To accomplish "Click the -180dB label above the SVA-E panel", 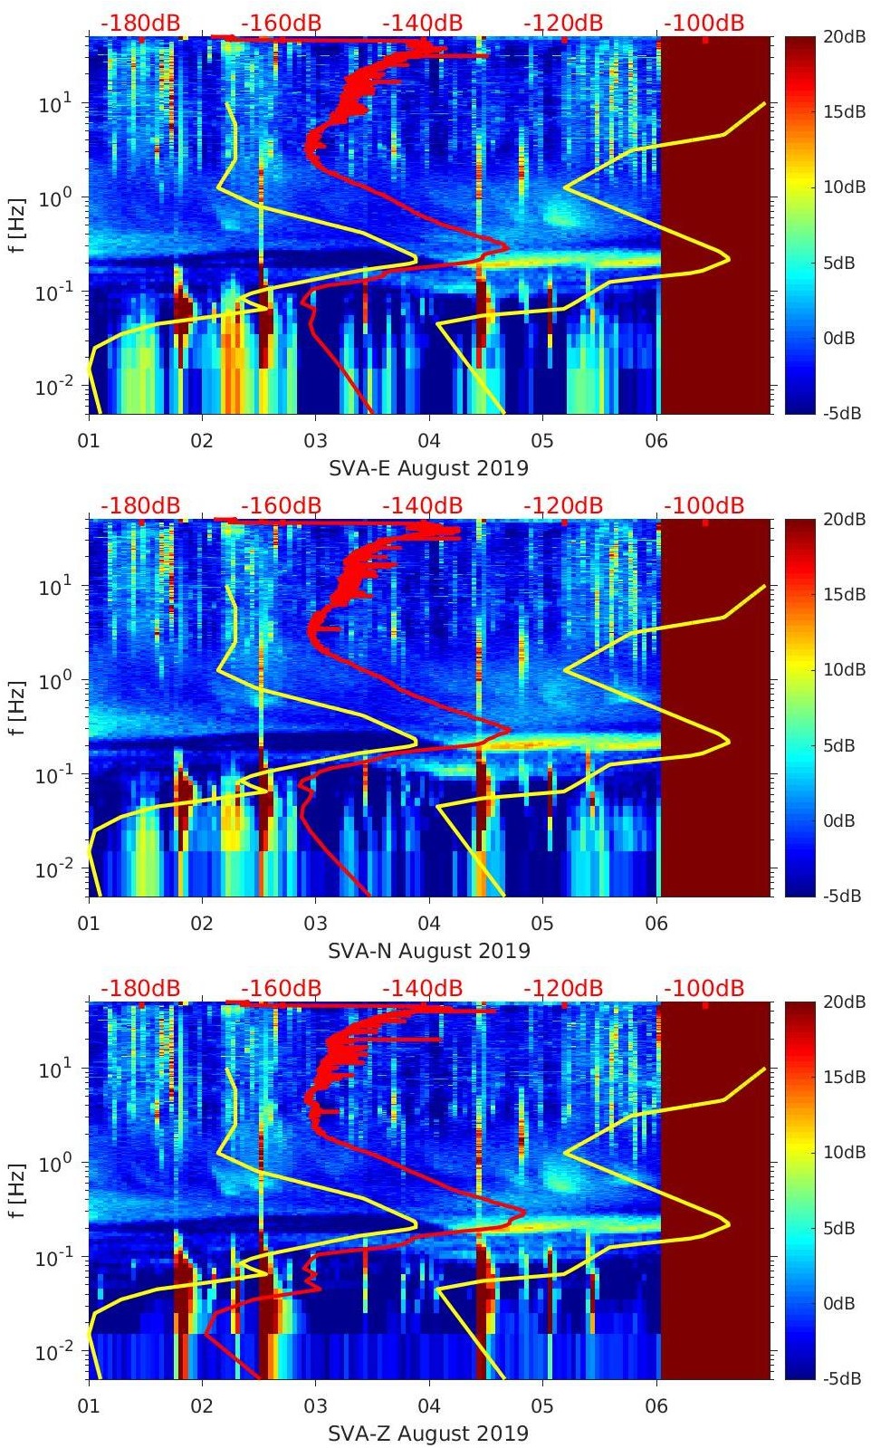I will coord(140,23).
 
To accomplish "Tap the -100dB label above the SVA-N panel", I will coord(703,505).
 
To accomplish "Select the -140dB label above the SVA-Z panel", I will coord(422,988).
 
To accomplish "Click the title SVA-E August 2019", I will coord(428,468).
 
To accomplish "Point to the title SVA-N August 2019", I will coord(428,951).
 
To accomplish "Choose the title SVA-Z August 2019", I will coord(428,1434).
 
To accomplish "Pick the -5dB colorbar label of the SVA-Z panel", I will coord(843,1379).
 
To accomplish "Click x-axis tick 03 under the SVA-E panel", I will coord(315,441).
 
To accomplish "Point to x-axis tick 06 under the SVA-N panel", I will coord(656,924).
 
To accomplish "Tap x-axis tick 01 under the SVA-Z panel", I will coord(89,1406).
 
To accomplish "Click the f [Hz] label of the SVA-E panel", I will coord(17,225).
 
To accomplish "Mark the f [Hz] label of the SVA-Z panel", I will coord(17,1190).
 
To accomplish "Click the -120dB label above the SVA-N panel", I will coord(562,505).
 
